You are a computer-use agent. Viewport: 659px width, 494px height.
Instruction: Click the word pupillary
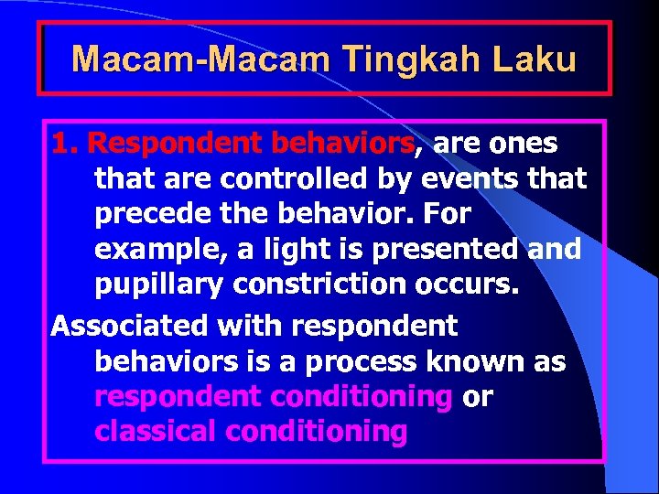coord(159,285)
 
